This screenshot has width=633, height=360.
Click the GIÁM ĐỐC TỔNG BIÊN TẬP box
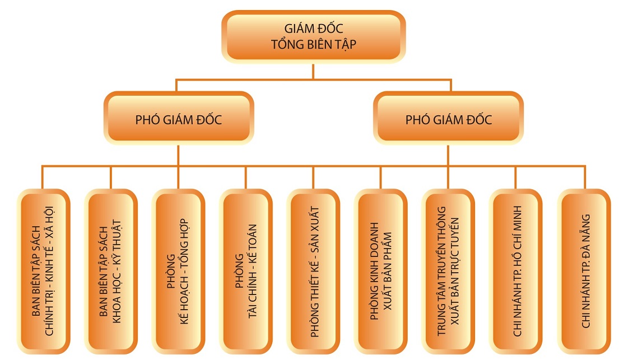click(313, 36)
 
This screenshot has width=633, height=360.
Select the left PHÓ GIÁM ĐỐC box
click(178, 119)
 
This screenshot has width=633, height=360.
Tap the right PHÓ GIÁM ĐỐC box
click(448, 119)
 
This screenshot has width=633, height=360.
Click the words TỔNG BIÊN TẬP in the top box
click(313, 45)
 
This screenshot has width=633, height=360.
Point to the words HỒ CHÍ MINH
click(516, 235)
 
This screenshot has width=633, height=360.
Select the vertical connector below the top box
click(313, 71)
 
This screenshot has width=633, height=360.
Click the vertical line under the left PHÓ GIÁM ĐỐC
click(178, 155)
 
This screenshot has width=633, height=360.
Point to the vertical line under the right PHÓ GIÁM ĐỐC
click(448, 155)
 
